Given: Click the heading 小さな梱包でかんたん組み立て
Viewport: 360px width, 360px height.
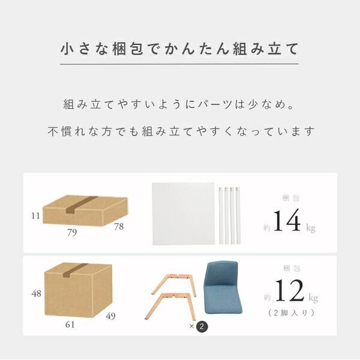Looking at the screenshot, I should click(x=179, y=49).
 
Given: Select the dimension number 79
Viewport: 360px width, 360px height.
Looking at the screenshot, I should click(x=71, y=233).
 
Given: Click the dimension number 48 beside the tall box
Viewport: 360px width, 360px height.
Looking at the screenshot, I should click(x=37, y=294).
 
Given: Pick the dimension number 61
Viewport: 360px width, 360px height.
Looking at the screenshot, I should click(x=70, y=325).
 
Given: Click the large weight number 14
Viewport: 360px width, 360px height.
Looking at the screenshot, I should click(x=286, y=220).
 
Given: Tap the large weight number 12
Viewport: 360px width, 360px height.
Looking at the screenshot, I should click(x=289, y=290).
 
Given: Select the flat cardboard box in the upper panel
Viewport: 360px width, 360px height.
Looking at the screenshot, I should click(x=85, y=211).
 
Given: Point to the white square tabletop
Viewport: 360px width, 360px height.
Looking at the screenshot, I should click(x=183, y=214).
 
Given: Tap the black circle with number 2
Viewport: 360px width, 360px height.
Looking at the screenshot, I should click(x=202, y=326).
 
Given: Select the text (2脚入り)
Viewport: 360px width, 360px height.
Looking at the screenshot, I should click(x=290, y=313).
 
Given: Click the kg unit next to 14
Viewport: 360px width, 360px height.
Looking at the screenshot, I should click(x=310, y=229).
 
